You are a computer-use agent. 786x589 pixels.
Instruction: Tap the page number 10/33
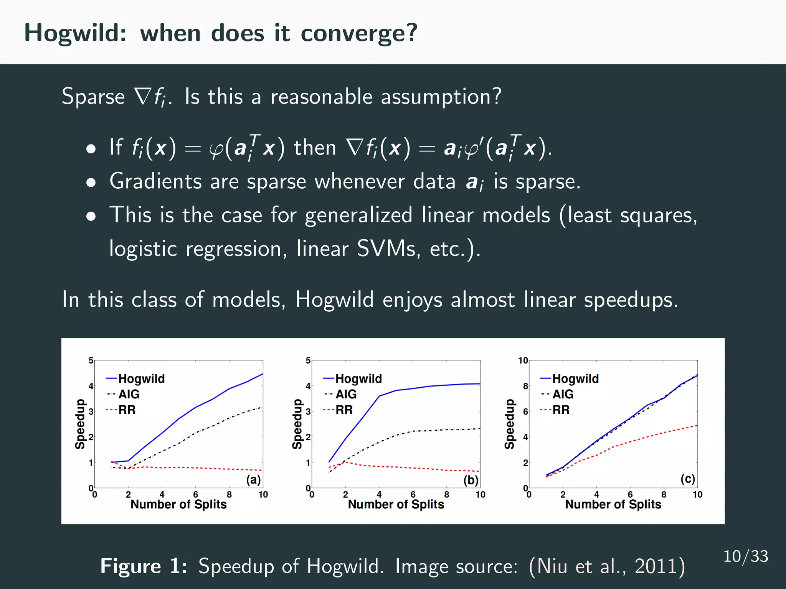[745, 556]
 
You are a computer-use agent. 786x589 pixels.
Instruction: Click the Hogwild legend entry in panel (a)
[141, 378]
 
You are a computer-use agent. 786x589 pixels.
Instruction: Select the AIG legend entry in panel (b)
[346, 394]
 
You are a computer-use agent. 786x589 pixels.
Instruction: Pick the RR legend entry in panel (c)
[561, 410]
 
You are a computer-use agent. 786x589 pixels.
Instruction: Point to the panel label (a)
[253, 480]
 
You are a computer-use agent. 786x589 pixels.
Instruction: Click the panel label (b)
[471, 480]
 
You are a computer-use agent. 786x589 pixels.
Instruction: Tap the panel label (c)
[688, 479]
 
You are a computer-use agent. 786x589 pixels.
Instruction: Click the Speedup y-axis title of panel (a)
[80, 424]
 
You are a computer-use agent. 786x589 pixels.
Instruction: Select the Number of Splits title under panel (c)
[613, 504]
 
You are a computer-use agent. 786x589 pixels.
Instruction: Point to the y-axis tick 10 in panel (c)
[523, 360]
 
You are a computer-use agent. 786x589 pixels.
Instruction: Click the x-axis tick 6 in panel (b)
[413, 495]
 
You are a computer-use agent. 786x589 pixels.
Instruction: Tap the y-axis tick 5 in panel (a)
[91, 360]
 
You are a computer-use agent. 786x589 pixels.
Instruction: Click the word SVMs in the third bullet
[388, 249]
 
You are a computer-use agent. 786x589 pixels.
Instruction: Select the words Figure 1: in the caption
[144, 566]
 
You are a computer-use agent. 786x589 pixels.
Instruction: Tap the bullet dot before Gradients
[91, 183]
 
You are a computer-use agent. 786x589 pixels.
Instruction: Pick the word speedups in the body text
[631, 299]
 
